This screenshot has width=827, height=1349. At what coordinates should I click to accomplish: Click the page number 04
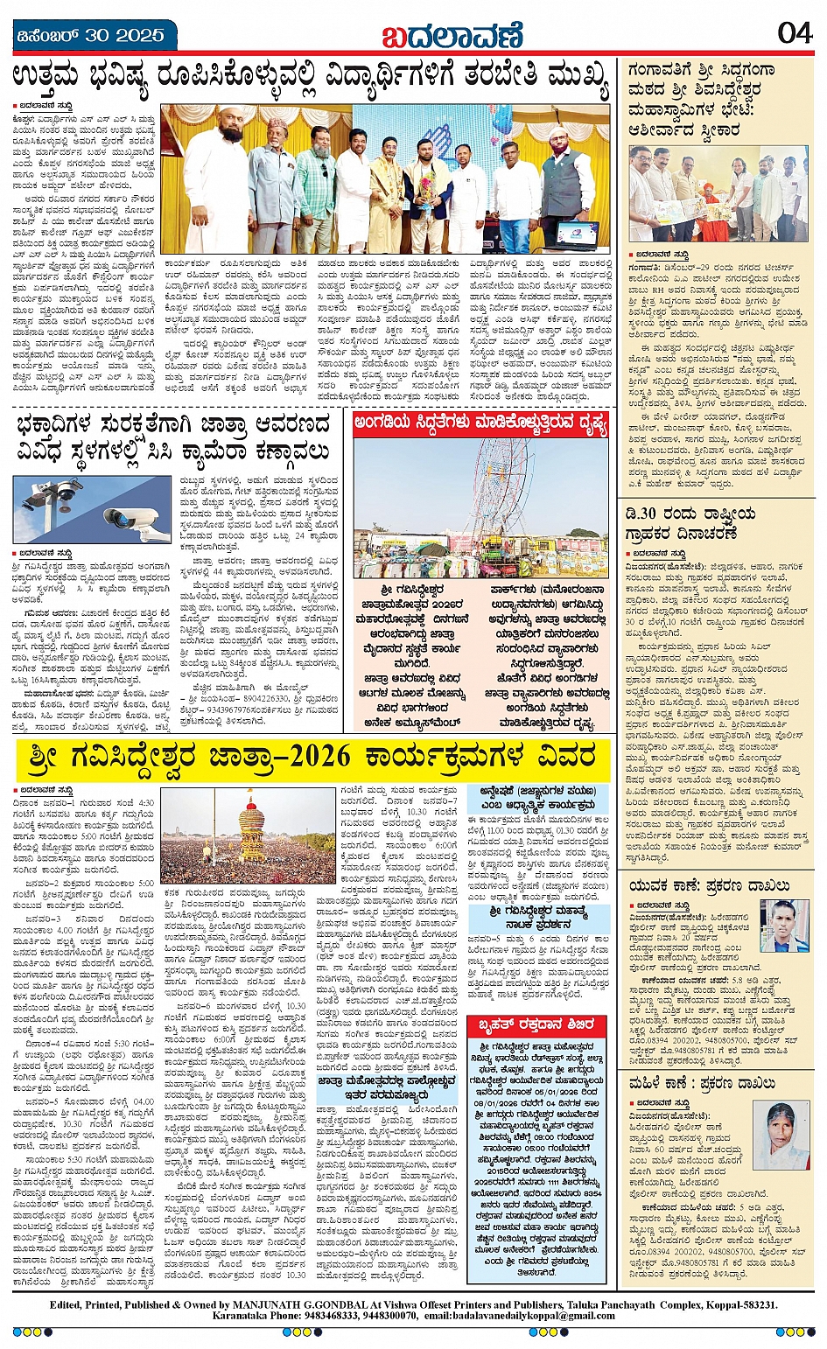pos(794,33)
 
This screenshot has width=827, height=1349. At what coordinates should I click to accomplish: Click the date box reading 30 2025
pos(89,36)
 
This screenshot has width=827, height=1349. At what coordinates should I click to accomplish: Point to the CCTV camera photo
pos(92,509)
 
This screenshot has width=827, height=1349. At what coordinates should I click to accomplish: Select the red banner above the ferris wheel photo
pos(480,425)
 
